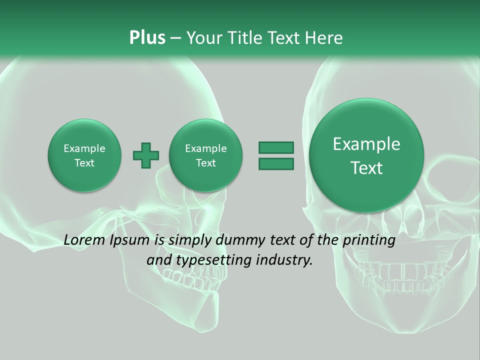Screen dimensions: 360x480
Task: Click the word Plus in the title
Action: (147, 38)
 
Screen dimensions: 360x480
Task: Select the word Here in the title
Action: (325, 38)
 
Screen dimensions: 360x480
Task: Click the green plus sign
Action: (146, 155)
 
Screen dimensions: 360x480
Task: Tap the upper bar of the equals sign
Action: (276, 147)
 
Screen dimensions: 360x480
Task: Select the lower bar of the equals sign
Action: (276, 163)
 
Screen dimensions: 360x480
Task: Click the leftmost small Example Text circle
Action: (84, 155)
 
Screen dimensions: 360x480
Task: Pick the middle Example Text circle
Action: (205, 155)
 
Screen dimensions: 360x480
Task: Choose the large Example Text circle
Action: (366, 155)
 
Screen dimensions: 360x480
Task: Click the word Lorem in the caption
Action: (85, 240)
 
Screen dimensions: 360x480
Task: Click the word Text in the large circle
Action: (366, 168)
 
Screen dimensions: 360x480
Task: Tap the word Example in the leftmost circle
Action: (84, 148)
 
